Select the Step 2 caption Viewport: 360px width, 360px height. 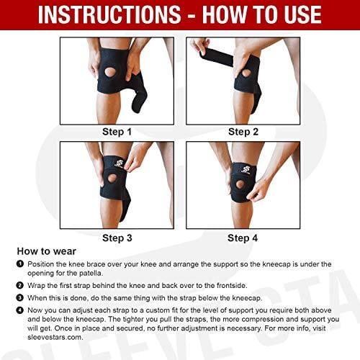[x=243, y=132]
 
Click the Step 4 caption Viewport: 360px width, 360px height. [x=243, y=238]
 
